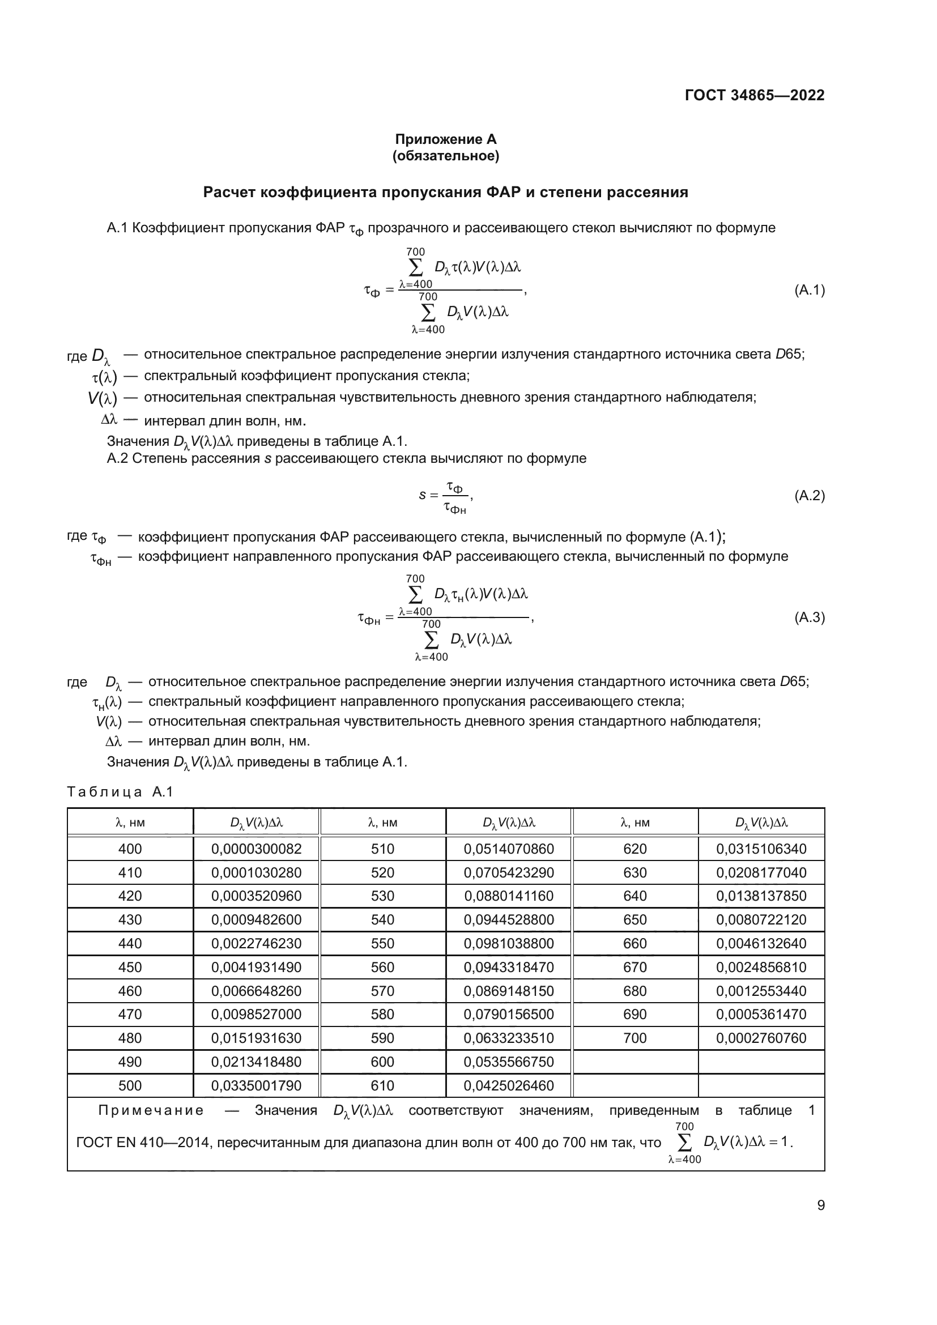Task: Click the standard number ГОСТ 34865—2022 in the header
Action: coord(754,95)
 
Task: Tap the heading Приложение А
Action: coord(445,139)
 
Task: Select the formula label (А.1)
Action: coord(810,290)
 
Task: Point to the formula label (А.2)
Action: coord(810,495)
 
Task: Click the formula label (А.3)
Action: coord(810,617)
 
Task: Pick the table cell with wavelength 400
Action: coord(130,849)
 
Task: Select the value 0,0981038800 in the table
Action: coord(508,944)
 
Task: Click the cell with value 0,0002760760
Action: coord(761,1038)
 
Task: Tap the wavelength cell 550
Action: coord(382,944)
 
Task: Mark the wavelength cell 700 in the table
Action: coord(634,1038)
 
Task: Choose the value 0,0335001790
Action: coord(256,1085)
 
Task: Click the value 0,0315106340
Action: coord(761,849)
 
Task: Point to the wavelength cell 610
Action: coord(382,1085)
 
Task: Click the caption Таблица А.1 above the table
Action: coord(120,792)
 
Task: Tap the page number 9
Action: coord(820,1205)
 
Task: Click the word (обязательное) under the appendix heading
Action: coord(445,156)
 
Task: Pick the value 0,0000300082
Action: coord(256,849)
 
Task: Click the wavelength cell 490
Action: coord(130,1062)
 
